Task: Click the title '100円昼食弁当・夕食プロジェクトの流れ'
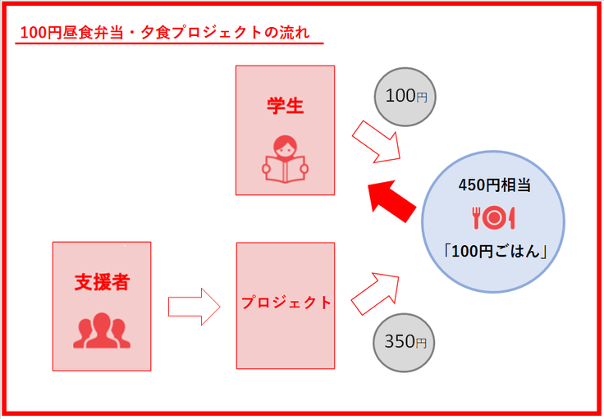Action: pos(165,34)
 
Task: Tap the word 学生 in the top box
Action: pos(285,106)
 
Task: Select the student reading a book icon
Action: pos(285,158)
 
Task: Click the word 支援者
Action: pos(102,282)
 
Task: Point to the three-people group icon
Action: pos(102,329)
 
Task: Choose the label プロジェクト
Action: pos(286,303)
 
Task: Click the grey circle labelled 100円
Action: pos(405,96)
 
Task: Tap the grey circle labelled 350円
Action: pos(405,342)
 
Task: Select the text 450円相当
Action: pos(494,185)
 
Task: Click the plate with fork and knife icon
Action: pos(493,217)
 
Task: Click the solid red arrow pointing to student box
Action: pos(391,200)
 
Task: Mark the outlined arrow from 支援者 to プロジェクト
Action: pos(194,306)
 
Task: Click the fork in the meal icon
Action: pos(475,217)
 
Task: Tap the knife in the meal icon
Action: pos(511,217)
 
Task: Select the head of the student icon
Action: pos(285,145)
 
